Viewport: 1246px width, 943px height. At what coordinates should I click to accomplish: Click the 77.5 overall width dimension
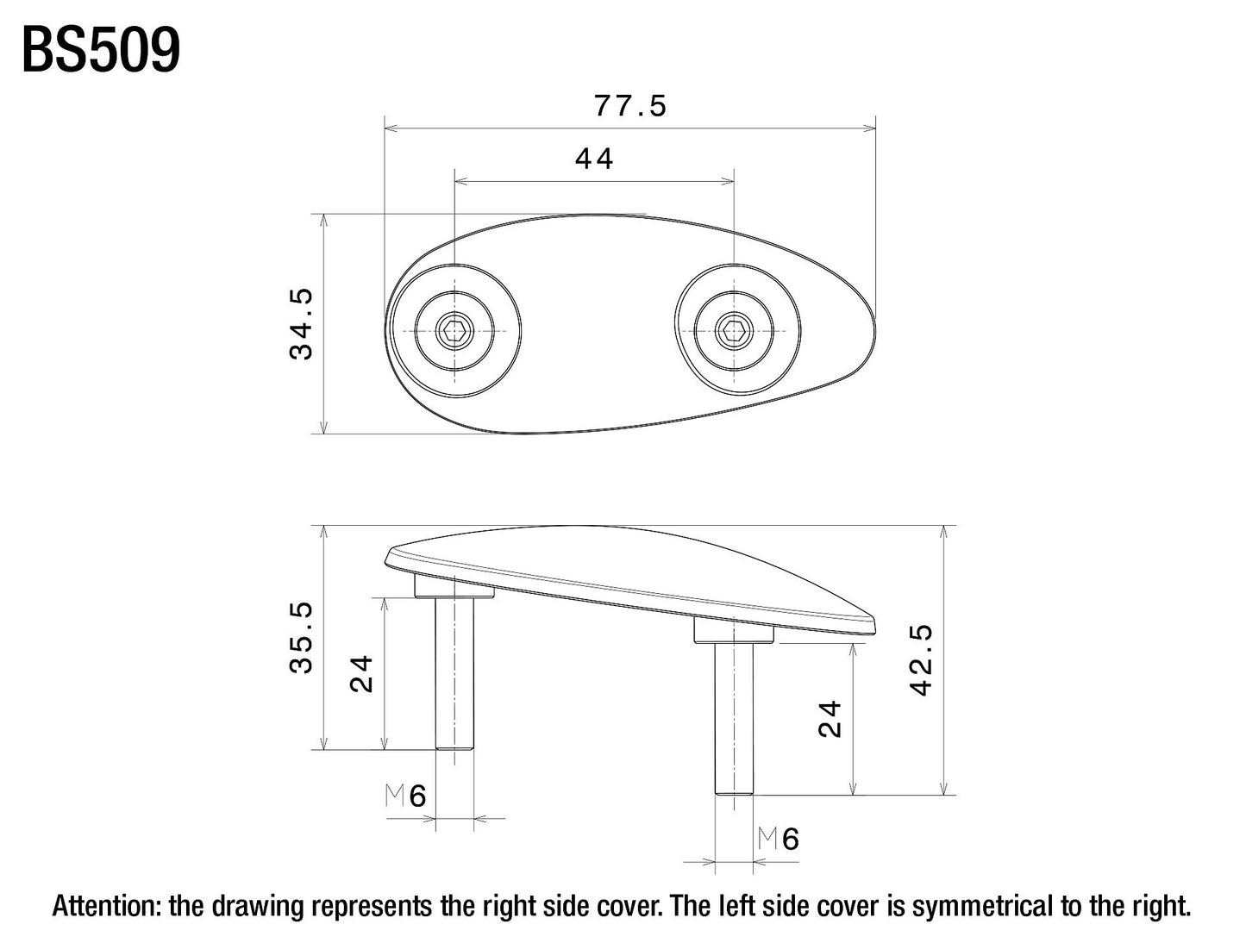pyautogui.click(x=630, y=106)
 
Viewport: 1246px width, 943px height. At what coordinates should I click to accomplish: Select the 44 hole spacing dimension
pyautogui.click(x=594, y=159)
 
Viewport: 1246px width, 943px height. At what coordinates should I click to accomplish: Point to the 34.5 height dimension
pyautogui.click(x=302, y=323)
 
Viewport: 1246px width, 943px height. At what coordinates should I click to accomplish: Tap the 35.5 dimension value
pyautogui.click(x=302, y=638)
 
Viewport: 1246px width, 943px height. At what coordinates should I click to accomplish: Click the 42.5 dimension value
pyautogui.click(x=922, y=660)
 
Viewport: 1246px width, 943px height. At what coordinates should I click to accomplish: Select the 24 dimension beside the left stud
pyautogui.click(x=362, y=674)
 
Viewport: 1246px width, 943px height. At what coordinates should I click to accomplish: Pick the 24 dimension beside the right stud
pyautogui.click(x=830, y=719)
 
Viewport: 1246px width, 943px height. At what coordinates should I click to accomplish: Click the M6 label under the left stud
pyautogui.click(x=406, y=796)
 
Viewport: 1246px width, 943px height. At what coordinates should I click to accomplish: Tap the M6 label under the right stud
pyautogui.click(x=779, y=839)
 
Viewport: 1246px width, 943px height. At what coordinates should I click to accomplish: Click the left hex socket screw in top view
pyautogui.click(x=452, y=329)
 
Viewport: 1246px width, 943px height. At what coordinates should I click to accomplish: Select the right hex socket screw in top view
pyautogui.click(x=733, y=329)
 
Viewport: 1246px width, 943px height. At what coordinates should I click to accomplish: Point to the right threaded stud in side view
pyautogui.click(x=734, y=719)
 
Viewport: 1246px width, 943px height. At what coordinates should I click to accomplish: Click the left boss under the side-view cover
pyautogui.click(x=454, y=587)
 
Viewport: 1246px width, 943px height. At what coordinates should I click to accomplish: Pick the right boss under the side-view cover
pyautogui.click(x=734, y=633)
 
